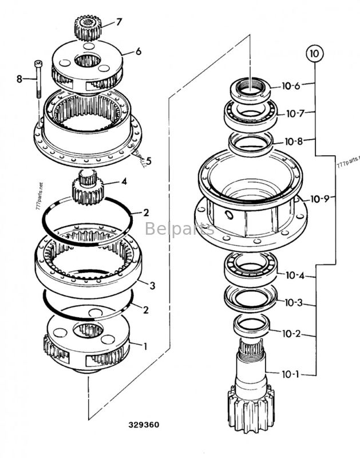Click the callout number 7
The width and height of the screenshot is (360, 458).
point(119,22)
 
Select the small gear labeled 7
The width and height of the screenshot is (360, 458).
point(88,27)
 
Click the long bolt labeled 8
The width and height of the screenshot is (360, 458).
point(38,81)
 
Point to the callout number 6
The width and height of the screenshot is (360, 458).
point(138,51)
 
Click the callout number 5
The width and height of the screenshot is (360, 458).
point(148,161)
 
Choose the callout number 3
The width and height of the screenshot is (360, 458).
point(152,285)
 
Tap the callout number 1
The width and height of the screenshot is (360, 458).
point(145,345)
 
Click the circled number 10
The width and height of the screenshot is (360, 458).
point(314,54)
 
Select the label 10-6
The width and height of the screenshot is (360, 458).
point(290,86)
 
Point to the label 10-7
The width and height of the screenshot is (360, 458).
point(295,114)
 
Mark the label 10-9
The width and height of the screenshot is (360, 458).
point(320,199)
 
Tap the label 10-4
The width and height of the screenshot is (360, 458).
point(295,275)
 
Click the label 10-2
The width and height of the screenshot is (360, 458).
point(291,333)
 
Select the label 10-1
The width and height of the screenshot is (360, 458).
point(290,374)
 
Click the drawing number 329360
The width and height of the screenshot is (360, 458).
point(144,425)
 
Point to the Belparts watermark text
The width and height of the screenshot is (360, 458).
point(179,229)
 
